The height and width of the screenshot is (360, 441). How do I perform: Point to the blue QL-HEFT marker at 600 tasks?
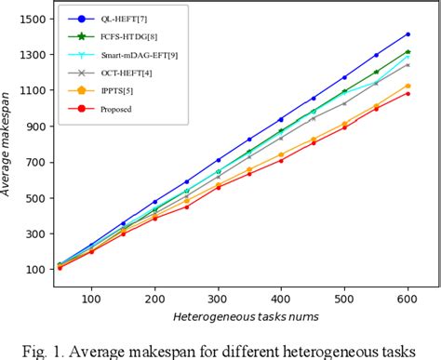click(407, 34)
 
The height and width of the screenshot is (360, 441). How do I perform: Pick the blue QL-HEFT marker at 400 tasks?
click(281, 119)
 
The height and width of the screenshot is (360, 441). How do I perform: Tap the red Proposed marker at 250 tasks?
click(187, 207)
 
